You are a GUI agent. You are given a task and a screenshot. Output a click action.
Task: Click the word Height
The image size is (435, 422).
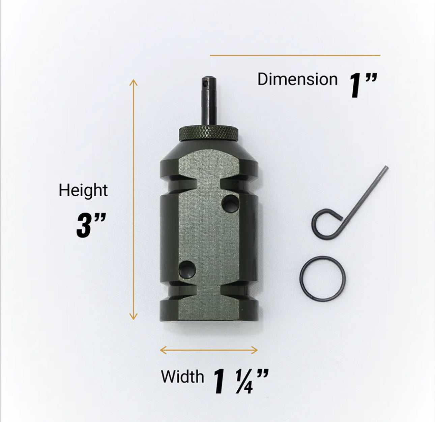coord(83,191)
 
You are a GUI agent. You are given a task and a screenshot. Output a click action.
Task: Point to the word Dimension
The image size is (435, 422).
coord(297,79)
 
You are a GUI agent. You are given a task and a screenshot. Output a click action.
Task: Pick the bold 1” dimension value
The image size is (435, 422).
coord(363,85)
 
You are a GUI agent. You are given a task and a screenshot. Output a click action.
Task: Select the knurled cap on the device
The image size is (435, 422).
coord(208,134)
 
